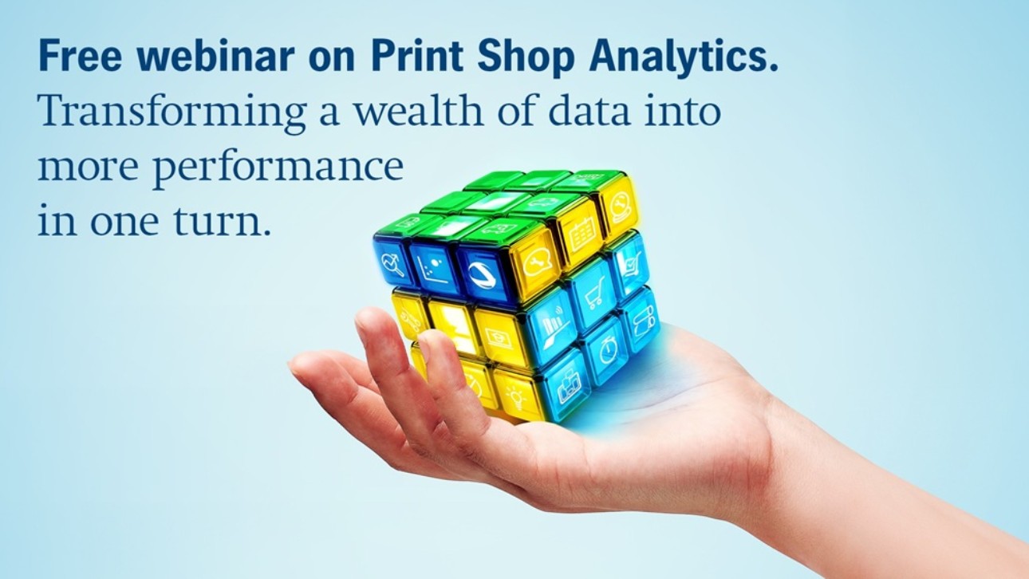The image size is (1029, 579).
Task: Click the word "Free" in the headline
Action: click(x=81, y=56)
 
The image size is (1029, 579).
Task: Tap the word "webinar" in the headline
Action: click(x=216, y=56)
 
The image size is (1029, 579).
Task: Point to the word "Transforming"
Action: click(x=171, y=113)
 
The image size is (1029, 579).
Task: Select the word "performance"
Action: click(x=278, y=168)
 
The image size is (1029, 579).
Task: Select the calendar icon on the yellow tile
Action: click(x=582, y=235)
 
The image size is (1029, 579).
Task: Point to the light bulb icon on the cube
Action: click(x=515, y=396)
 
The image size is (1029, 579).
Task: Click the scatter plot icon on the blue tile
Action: click(x=431, y=269)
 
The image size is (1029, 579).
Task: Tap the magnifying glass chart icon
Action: click(x=392, y=265)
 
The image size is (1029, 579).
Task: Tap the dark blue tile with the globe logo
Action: click(x=481, y=274)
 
